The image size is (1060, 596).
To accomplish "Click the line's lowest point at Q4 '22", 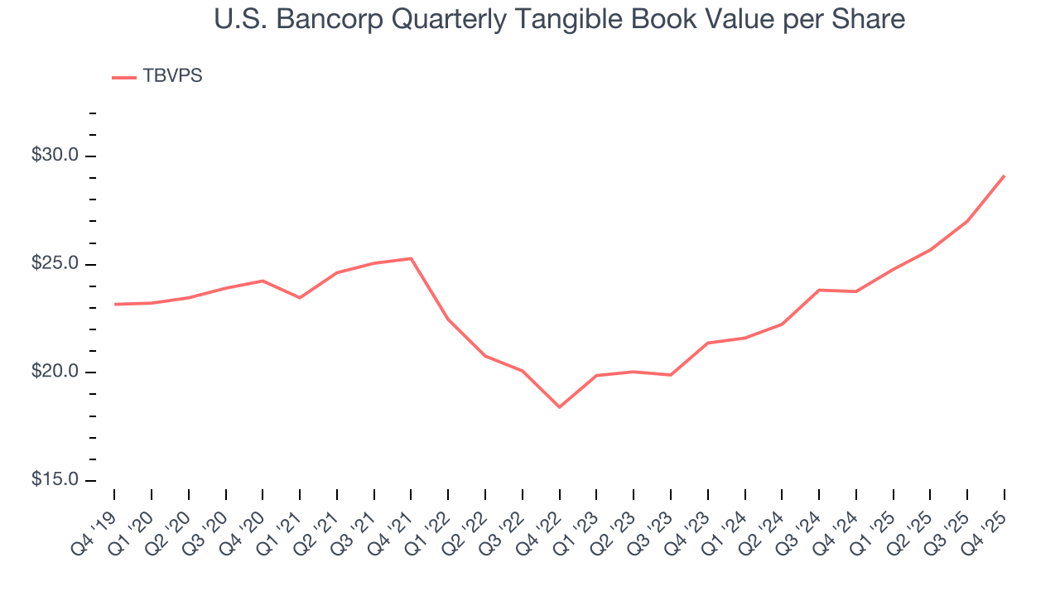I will pos(559,407).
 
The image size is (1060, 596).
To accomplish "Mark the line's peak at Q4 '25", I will pos(1005,175).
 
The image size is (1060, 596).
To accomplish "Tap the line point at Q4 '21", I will pos(411,258).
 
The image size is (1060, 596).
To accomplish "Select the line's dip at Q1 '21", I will pos(300,297).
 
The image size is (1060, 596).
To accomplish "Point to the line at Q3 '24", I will pos(819,290).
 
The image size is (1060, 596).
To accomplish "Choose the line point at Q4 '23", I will pos(707,343).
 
